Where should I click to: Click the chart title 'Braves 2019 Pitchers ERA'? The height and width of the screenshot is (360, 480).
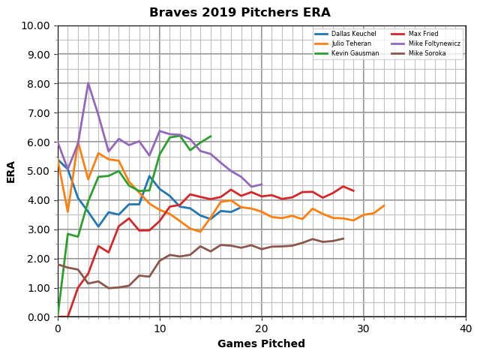tap(239, 13)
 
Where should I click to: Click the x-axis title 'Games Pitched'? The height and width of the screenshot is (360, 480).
tap(261, 344)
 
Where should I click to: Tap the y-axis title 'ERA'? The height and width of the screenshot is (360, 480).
tap(11, 171)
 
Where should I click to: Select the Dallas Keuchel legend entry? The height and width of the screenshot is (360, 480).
tap(346, 34)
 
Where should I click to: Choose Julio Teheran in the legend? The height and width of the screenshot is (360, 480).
tap(345, 43)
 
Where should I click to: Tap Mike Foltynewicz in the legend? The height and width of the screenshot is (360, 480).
tap(434, 43)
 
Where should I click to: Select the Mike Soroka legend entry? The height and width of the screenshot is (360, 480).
tap(427, 53)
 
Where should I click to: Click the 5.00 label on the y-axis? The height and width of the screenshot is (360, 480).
tap(40, 171)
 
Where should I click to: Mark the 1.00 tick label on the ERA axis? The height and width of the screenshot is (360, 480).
tap(40, 288)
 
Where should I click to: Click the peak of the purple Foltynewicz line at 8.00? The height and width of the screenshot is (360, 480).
tap(88, 83)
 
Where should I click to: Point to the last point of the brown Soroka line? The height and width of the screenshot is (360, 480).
tap(343, 238)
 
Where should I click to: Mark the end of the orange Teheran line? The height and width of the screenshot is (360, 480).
tap(384, 205)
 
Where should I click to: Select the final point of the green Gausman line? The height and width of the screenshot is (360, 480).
tap(211, 136)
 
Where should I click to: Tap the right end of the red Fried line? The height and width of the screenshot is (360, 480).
tap(353, 191)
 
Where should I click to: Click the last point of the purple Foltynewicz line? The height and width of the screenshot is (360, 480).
tap(262, 184)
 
